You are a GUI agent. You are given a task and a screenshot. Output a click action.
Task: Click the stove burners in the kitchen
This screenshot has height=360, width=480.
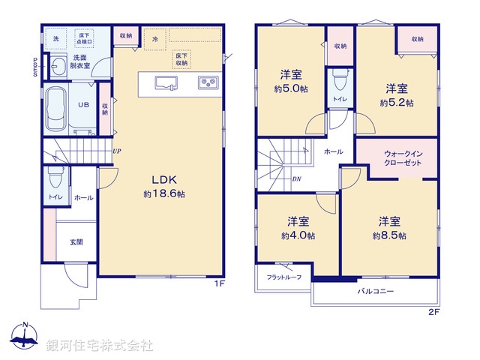[x=207, y=82]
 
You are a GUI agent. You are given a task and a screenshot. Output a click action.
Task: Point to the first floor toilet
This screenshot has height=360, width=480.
[x=55, y=177]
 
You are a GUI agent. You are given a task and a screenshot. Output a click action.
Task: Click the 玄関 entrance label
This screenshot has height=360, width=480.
[x=76, y=241]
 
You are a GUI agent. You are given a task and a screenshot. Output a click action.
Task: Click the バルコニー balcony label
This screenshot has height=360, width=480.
[x=375, y=291]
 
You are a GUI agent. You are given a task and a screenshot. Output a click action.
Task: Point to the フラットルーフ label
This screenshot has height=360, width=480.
[x=283, y=277]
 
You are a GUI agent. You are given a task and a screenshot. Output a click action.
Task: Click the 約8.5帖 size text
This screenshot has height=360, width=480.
[x=388, y=235]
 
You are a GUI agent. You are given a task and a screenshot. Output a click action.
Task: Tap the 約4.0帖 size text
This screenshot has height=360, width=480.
[x=298, y=235]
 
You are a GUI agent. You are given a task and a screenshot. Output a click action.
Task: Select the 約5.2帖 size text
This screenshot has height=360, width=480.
[x=396, y=103]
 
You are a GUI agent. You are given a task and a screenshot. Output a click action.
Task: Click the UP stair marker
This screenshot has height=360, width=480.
[x=117, y=150]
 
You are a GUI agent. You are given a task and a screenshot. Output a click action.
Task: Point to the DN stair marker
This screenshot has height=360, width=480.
[x=296, y=179]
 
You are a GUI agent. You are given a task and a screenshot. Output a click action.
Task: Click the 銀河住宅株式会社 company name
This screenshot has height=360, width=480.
[x=100, y=346]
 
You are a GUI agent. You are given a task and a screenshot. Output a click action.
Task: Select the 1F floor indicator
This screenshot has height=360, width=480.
[x=220, y=283]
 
